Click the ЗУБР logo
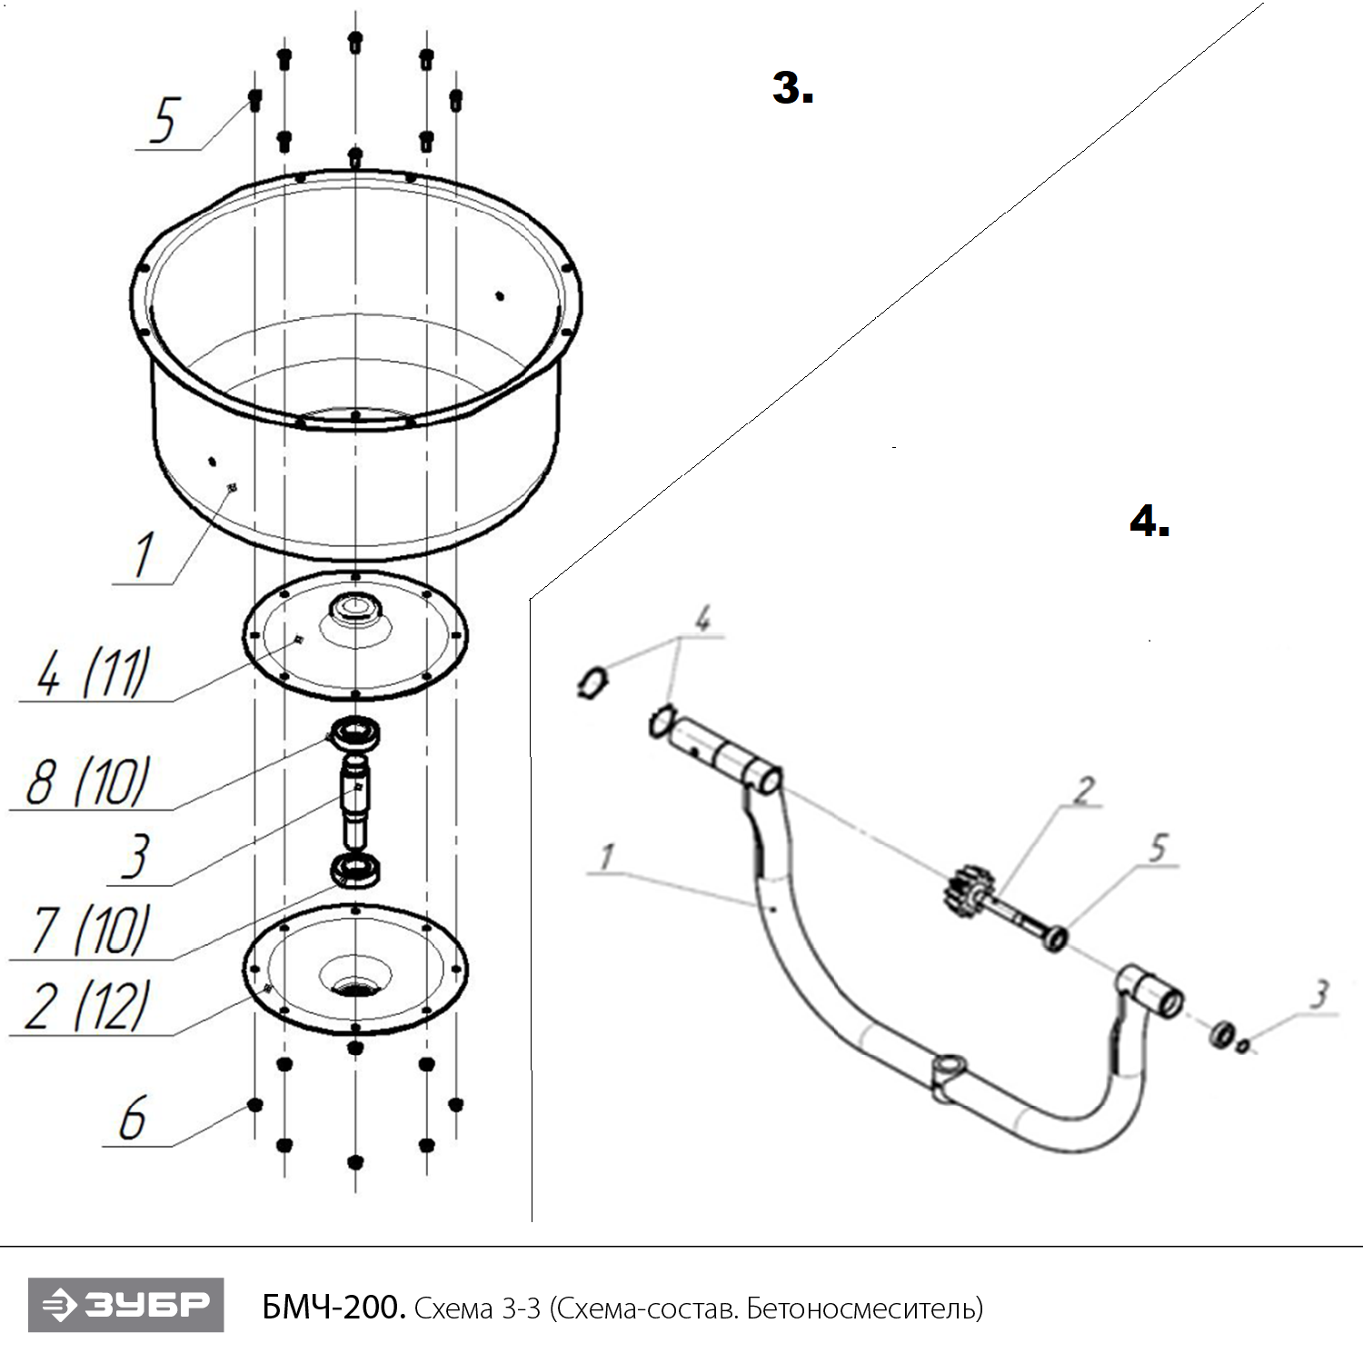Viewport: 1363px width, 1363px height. click(x=125, y=1306)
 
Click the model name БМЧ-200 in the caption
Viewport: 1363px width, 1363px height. click(x=333, y=1308)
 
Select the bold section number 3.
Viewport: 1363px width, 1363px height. click(x=792, y=88)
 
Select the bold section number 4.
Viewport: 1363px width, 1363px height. click(x=1149, y=521)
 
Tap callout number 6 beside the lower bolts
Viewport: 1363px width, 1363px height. click(x=133, y=1119)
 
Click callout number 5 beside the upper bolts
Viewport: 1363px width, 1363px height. click(x=164, y=120)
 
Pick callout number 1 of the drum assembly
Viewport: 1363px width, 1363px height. click(x=143, y=554)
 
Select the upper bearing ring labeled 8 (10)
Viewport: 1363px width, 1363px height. click(x=356, y=732)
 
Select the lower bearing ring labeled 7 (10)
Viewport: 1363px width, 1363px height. click(x=356, y=871)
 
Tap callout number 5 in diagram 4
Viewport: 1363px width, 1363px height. click(x=1157, y=850)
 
